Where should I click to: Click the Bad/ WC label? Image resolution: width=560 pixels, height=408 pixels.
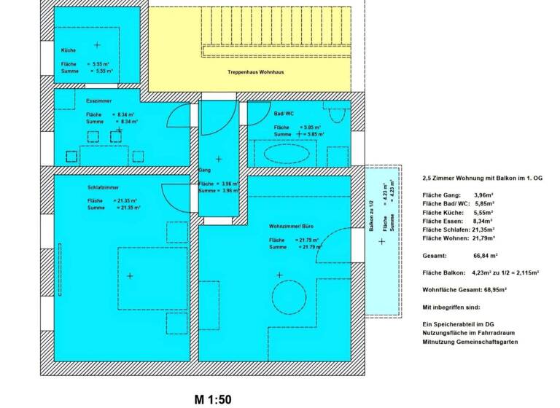tap(284, 114)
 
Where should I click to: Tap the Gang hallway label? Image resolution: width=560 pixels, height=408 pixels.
tap(204, 170)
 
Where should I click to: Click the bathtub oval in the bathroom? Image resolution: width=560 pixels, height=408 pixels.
tap(285, 153)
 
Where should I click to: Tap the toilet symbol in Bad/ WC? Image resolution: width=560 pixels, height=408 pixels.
tap(337, 114)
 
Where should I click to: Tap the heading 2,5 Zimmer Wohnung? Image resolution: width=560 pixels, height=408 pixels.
tap(483, 178)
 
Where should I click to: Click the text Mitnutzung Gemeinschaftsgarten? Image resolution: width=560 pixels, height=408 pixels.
tap(470, 341)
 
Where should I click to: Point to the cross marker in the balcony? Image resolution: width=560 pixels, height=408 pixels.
tap(381, 241)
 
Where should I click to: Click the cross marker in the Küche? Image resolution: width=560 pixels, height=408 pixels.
tap(97, 45)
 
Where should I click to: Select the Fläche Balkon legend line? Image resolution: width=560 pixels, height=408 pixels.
tap(481, 272)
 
